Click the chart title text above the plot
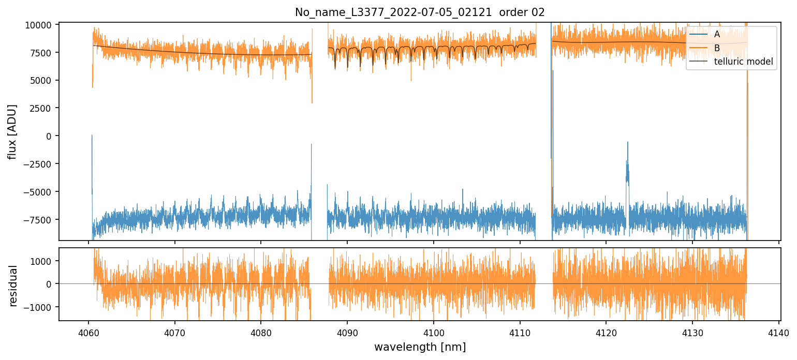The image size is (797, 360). click(x=420, y=12)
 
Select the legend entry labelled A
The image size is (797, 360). click(x=717, y=34)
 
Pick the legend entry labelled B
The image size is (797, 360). click(x=717, y=48)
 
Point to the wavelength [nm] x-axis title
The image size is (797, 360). click(x=420, y=347)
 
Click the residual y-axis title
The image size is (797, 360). click(x=13, y=286)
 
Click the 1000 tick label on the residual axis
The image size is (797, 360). click(x=44, y=261)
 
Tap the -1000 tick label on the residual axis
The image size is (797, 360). click(x=42, y=307)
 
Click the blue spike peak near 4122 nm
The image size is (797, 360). click(x=628, y=142)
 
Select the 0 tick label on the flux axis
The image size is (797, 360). click(x=49, y=136)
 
